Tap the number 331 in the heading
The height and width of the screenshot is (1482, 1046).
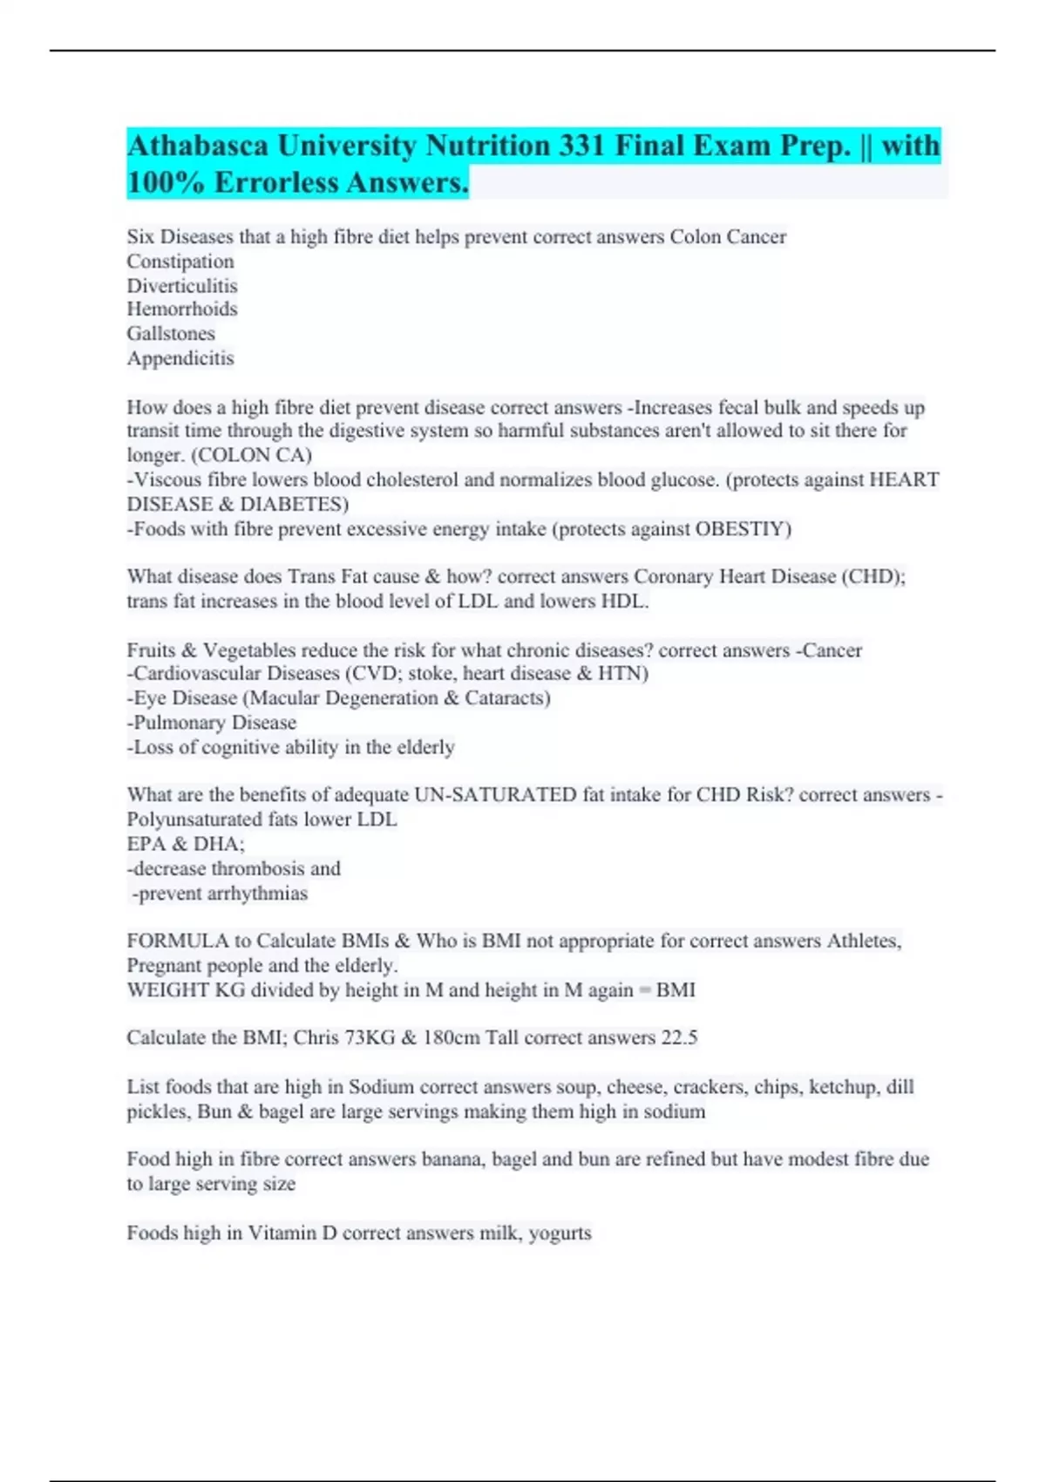pos(581,145)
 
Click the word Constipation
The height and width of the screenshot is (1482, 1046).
pos(180,262)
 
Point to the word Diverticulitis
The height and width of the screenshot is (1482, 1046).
pos(182,286)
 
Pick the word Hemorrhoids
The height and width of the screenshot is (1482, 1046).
pos(182,309)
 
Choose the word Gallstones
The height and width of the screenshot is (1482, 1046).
pos(171,333)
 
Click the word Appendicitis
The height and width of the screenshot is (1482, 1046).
pos(180,358)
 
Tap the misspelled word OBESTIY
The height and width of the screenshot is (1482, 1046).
pos(743,529)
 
